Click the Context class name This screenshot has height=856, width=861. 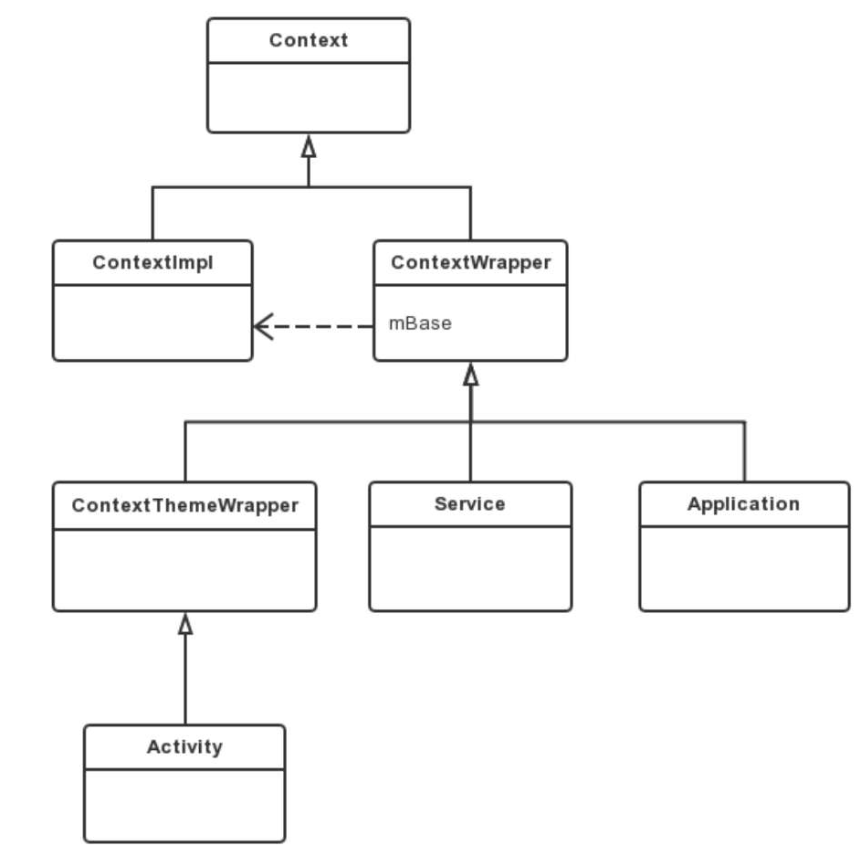[309, 40]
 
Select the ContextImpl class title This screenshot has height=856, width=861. [152, 262]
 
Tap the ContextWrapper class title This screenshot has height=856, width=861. [470, 262]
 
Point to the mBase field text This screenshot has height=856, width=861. [420, 323]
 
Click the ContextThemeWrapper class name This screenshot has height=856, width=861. [184, 505]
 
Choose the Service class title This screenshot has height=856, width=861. [470, 503]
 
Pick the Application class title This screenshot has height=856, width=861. [743, 503]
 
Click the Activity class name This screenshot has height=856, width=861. [184, 746]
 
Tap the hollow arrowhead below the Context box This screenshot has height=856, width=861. [309, 146]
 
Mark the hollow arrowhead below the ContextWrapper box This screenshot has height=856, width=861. [470, 375]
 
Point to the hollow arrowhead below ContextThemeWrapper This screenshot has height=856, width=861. [185, 624]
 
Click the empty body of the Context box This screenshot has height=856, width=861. [309, 97]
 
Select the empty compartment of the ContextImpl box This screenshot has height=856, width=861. [152, 322]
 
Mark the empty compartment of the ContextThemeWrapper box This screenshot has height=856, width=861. [184, 568]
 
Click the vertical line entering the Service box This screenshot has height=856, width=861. [470, 452]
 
